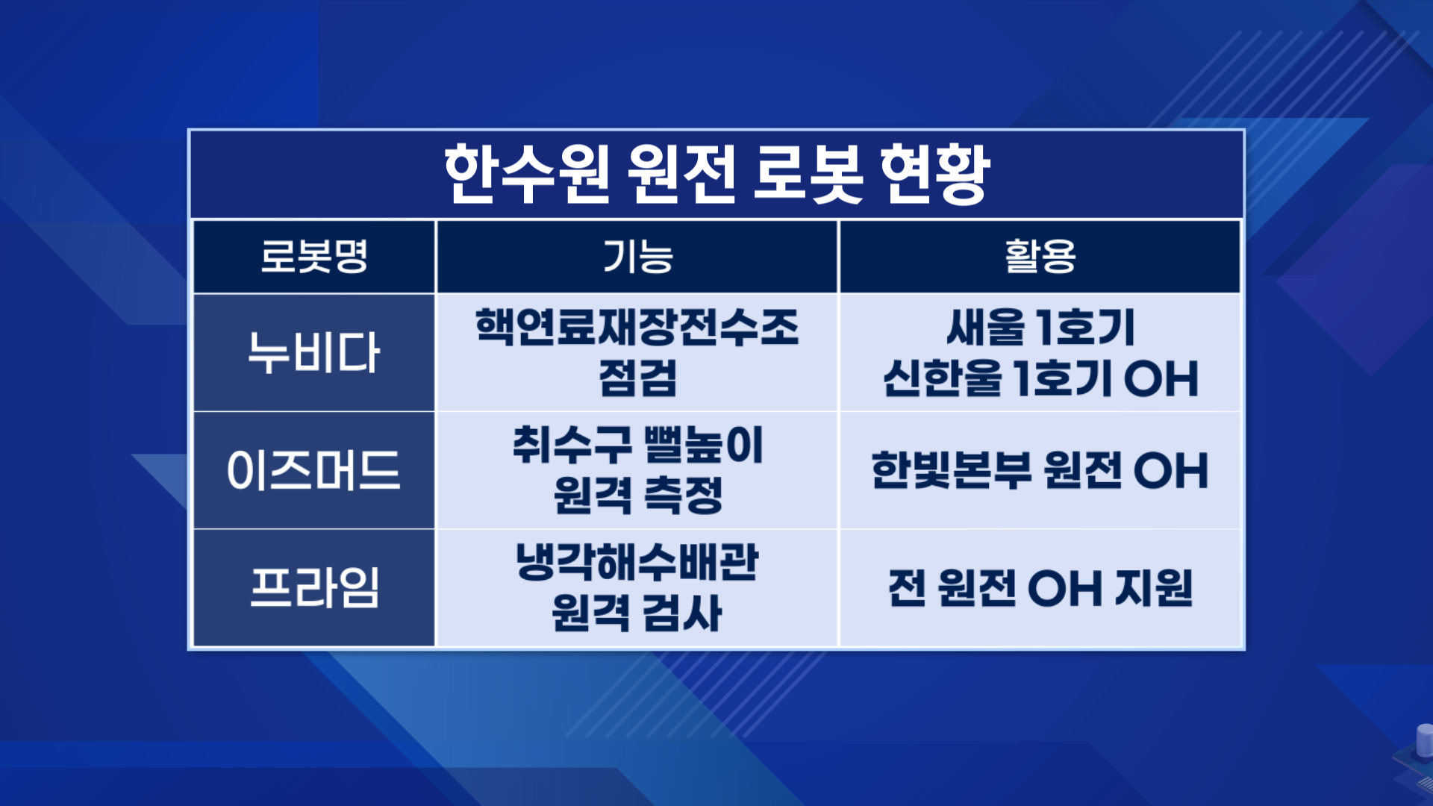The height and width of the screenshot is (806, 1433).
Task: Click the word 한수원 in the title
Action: [x=527, y=174]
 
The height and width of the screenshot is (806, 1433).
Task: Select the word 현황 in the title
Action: [x=935, y=174]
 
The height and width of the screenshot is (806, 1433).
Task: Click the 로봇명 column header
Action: [x=314, y=256]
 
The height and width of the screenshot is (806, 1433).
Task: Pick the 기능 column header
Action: [x=638, y=256]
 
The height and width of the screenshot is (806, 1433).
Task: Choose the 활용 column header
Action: [x=1040, y=256]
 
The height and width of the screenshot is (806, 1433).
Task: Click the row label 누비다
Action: [x=314, y=352]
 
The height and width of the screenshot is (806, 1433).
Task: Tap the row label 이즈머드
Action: [x=314, y=470]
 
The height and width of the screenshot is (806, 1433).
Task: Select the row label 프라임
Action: [x=314, y=588]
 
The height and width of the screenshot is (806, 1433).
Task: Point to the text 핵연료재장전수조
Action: [x=637, y=327]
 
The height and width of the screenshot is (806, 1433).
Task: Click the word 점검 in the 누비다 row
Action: [x=638, y=378]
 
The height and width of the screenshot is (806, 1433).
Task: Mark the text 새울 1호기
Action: [x=1040, y=327]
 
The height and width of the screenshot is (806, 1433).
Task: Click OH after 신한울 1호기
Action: [x=1161, y=378]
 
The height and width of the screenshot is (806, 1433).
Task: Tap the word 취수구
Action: [x=572, y=445]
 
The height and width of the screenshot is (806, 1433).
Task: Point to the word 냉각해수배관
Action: [x=637, y=562]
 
